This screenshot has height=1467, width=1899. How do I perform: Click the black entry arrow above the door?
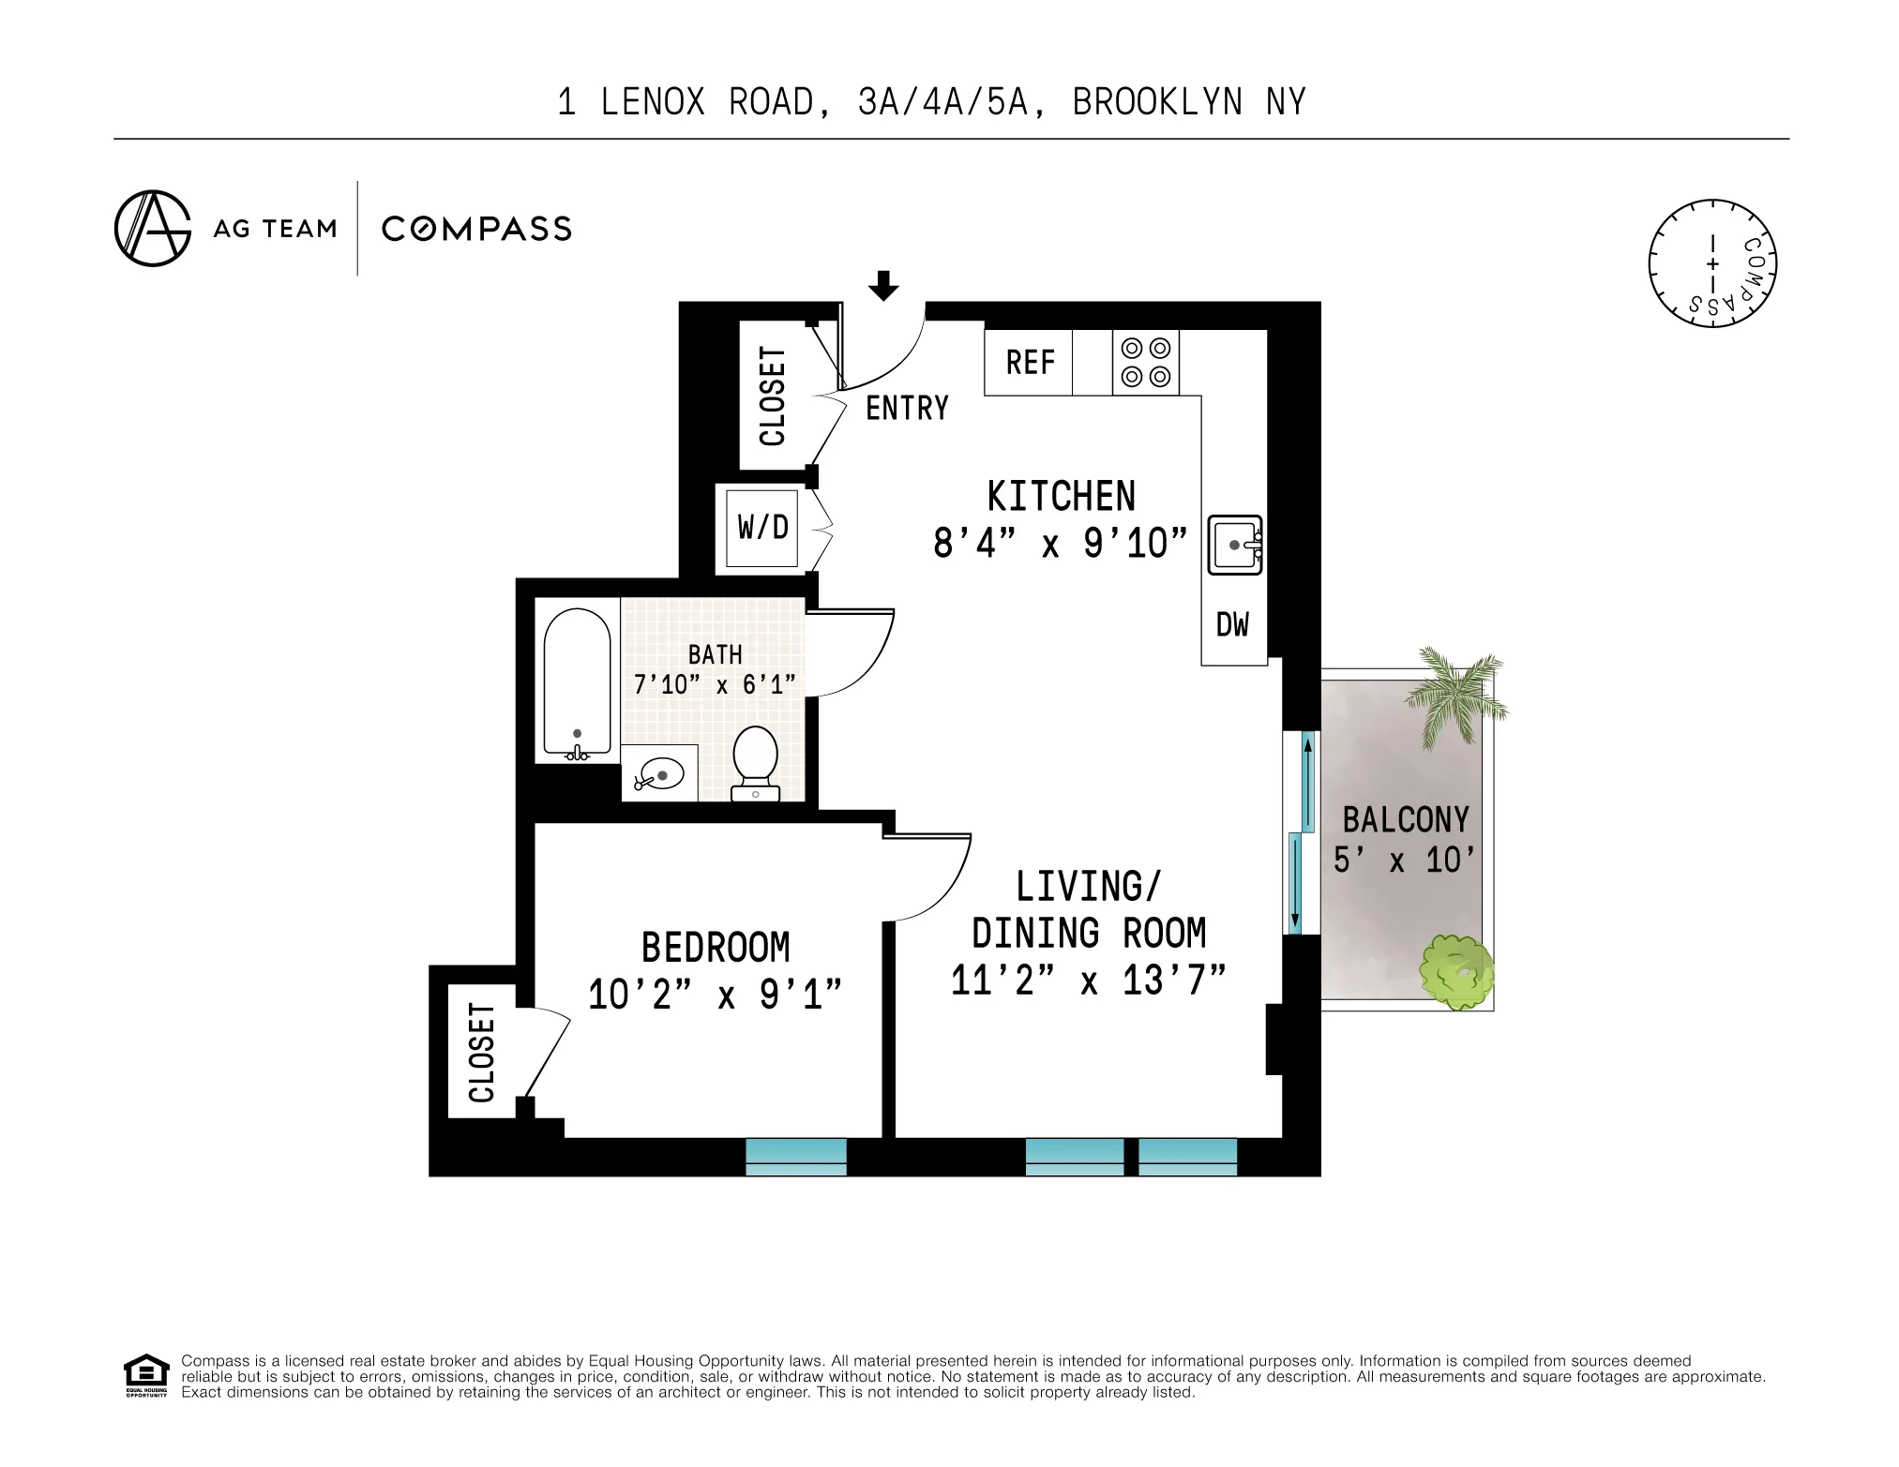[882, 285]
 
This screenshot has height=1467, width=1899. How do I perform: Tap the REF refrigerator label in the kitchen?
[1030, 363]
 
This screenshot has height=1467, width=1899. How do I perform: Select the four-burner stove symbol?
[1145, 363]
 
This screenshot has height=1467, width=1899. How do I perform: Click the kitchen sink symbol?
[1234, 545]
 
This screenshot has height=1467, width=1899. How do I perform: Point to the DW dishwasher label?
[1232, 625]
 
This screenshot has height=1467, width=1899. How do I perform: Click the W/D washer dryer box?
[762, 528]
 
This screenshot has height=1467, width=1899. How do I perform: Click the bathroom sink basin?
[660, 775]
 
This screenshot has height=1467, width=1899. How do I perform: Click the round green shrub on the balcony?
[1456, 972]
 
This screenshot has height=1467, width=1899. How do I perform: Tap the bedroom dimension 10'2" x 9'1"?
[715, 995]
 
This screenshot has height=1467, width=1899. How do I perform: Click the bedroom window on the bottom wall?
[795, 1157]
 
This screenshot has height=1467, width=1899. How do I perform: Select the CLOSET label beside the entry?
[773, 397]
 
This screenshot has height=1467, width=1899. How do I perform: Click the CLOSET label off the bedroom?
[481, 1053]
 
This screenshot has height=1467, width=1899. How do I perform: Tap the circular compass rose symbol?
[1712, 263]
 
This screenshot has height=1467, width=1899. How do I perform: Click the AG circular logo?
[153, 229]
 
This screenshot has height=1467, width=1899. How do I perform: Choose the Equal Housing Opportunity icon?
[146, 1375]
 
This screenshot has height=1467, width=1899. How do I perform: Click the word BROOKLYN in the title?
[1157, 102]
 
